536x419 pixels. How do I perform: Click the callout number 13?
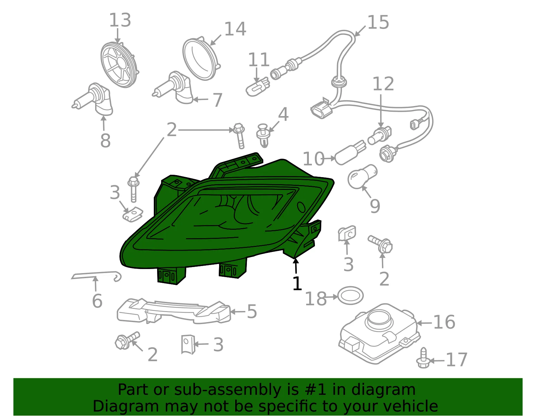pos(120,20)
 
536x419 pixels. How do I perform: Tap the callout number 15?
pos(378,22)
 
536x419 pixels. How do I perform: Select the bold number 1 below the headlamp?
pos(297,283)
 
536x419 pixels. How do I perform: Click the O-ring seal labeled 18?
pos(350,296)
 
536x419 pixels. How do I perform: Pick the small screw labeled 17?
pos(423,358)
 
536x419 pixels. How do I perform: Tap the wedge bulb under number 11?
pos(258,87)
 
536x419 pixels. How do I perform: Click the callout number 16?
pos(444,322)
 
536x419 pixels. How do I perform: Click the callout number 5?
pos(252,312)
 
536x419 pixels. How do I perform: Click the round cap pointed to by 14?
pos(201,59)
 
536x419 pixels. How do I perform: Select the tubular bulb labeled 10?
pos(350,152)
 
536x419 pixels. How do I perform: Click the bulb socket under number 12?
pos(379,136)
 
